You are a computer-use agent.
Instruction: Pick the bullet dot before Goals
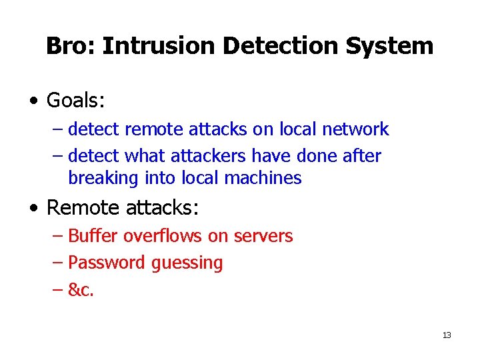pyautogui.click(x=33, y=101)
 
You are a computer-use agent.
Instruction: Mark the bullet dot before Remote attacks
pyautogui.click(x=33, y=208)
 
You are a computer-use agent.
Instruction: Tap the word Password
pyautogui.click(x=107, y=263)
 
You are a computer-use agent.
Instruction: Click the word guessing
pyautogui.click(x=187, y=263)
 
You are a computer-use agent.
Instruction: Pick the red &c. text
pyautogui.click(x=81, y=290)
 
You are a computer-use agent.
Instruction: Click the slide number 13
pyautogui.click(x=447, y=335)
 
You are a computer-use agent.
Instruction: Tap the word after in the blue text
pyautogui.click(x=361, y=156)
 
